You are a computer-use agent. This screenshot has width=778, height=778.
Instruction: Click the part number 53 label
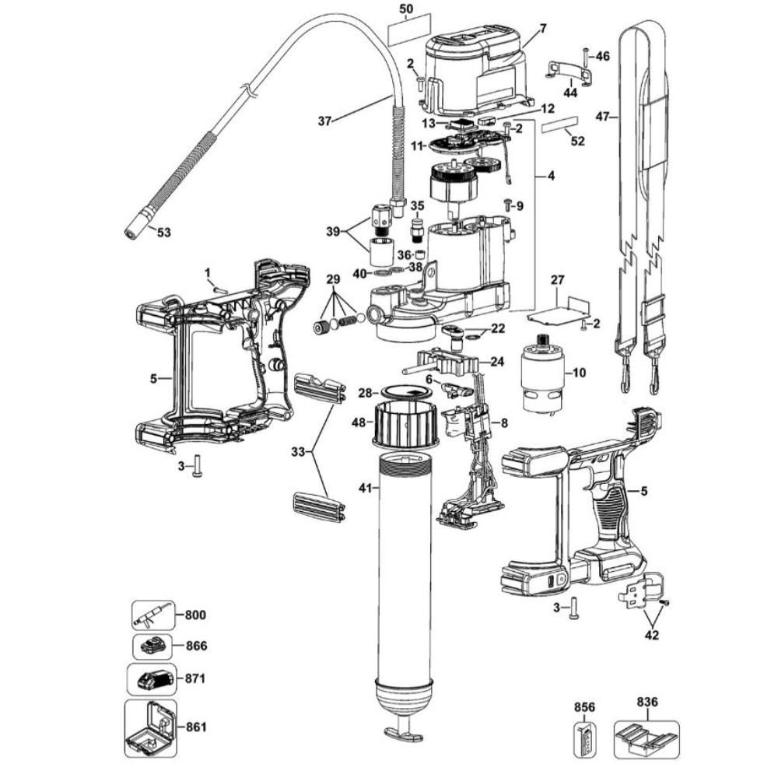click(163, 231)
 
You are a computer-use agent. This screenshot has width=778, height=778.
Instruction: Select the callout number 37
click(324, 121)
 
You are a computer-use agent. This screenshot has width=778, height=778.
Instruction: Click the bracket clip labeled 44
click(569, 73)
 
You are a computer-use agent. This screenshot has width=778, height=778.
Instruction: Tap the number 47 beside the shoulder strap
click(602, 117)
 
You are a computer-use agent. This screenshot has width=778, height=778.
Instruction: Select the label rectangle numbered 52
click(561, 124)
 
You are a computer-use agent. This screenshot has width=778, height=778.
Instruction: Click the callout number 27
click(558, 280)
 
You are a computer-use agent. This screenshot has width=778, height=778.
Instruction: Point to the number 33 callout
click(298, 451)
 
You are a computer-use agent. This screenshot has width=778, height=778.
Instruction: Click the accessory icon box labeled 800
click(153, 615)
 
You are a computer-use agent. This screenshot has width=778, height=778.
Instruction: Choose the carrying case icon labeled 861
click(151, 728)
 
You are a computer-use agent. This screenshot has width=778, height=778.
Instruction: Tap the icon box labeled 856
click(584, 740)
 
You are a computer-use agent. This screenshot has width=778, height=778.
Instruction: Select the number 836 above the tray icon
click(647, 702)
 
